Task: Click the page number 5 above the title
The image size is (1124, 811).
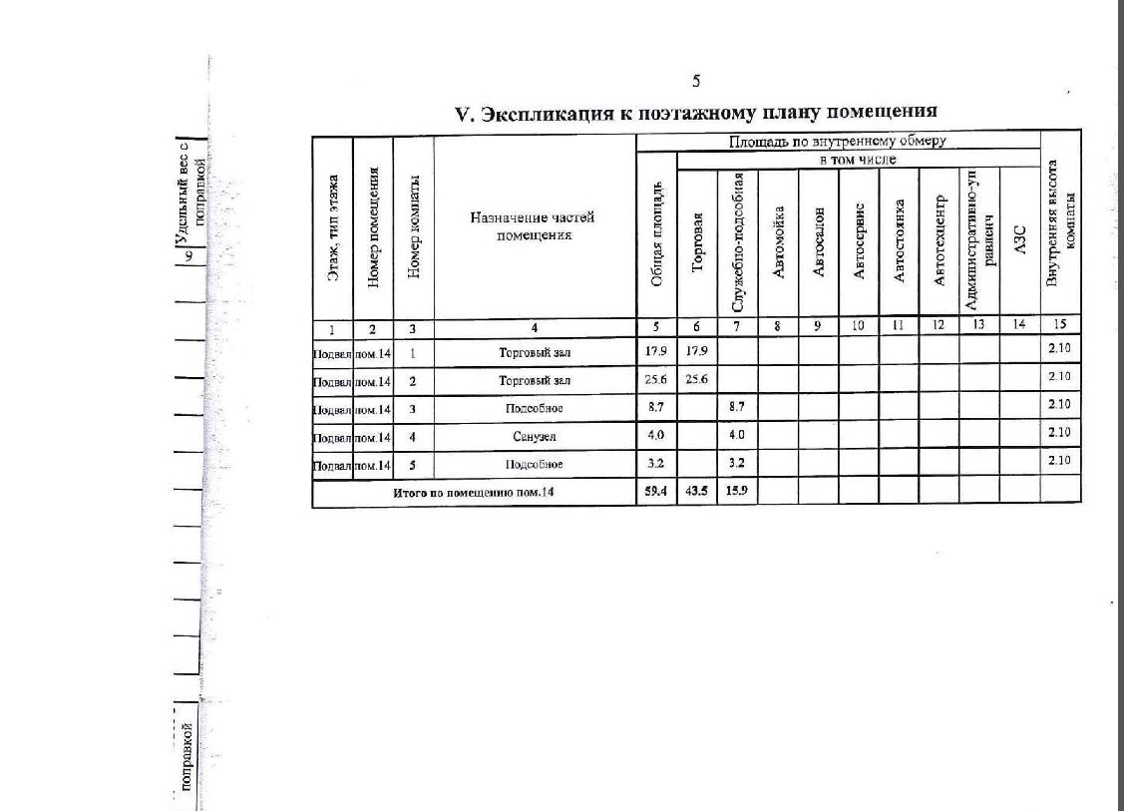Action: pyautogui.click(x=696, y=81)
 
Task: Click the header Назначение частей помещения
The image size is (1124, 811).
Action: pyautogui.click(x=535, y=225)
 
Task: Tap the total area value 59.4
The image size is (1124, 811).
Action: pyautogui.click(x=655, y=491)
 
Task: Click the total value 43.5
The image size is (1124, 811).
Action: pyautogui.click(x=696, y=491)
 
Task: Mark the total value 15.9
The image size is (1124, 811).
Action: pyautogui.click(x=737, y=491)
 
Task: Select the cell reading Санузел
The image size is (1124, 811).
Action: pyautogui.click(x=535, y=436)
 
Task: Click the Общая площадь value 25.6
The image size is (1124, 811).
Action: pyautogui.click(x=655, y=380)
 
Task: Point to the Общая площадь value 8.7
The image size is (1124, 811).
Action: pyautogui.click(x=655, y=408)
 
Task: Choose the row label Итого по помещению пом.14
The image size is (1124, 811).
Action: pyautogui.click(x=474, y=491)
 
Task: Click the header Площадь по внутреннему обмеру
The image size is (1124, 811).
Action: pyautogui.click(x=837, y=142)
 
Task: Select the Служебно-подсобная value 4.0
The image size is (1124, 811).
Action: pyautogui.click(x=737, y=436)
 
